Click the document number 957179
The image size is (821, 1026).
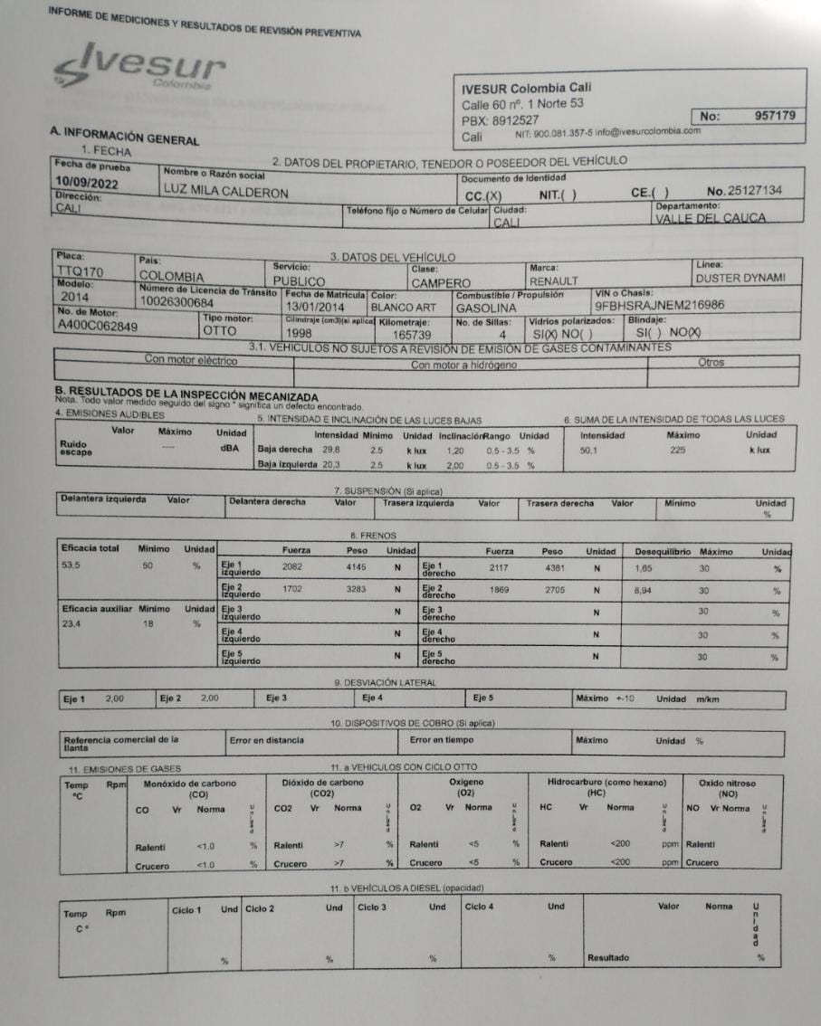[774, 116]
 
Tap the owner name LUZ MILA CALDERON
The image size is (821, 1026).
[225, 193]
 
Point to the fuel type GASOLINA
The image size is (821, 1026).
[486, 308]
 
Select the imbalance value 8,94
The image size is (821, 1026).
[644, 590]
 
